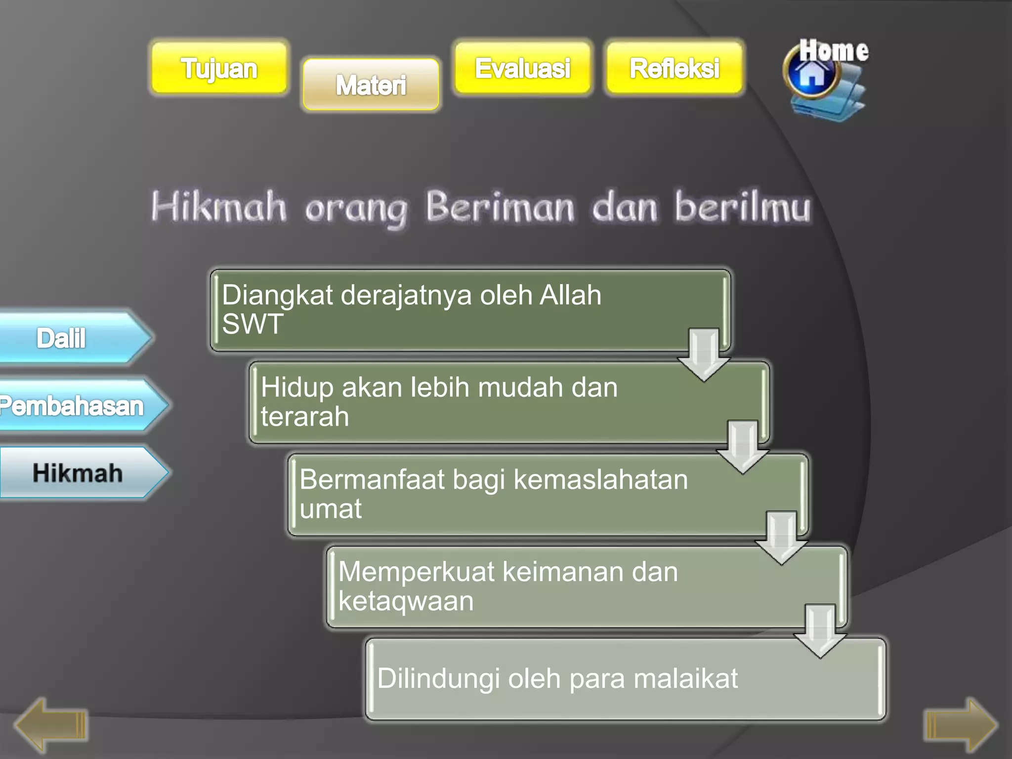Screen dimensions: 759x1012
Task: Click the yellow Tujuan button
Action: click(x=219, y=68)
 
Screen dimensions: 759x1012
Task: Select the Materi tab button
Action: click(x=371, y=84)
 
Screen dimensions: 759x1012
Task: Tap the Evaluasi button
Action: click(x=522, y=68)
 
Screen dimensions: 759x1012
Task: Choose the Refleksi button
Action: click(x=674, y=68)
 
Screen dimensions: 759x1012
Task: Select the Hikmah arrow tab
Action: click(x=78, y=473)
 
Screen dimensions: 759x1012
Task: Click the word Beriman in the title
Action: click(x=500, y=207)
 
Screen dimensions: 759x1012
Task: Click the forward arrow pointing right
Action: click(x=961, y=725)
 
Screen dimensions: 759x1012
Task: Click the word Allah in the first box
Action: click(x=570, y=295)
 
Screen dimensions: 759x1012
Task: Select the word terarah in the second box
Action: click(x=305, y=416)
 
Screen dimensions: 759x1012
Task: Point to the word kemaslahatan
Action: click(x=600, y=479)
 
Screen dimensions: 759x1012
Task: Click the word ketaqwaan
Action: click(x=406, y=601)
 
